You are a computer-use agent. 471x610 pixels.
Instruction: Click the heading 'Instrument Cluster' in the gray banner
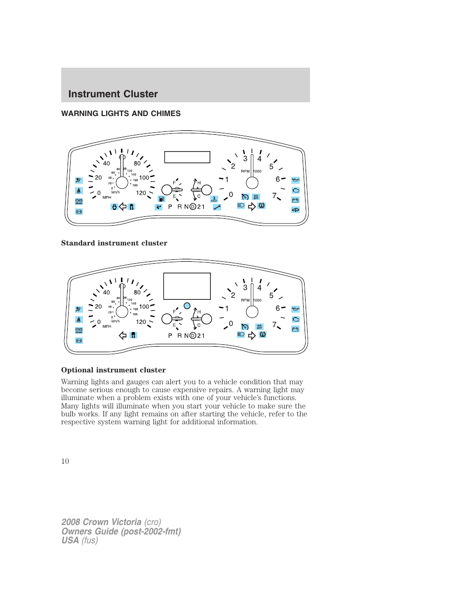113,94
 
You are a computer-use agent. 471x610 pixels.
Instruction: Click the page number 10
65,461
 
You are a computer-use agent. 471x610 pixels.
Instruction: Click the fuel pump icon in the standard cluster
161,199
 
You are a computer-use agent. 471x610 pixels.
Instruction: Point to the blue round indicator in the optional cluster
187,306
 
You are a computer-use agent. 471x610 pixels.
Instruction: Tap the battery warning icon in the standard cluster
295,200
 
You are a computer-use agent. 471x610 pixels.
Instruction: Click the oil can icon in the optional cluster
295,309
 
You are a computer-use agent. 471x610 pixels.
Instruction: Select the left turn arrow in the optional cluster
123,335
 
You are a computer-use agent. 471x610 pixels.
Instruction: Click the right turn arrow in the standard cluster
252,206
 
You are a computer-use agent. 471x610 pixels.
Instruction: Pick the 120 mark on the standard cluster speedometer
141,193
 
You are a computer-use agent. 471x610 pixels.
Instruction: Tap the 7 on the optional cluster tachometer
275,325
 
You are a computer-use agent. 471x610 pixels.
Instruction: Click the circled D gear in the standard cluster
193,207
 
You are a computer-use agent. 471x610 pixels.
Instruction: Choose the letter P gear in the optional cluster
170,336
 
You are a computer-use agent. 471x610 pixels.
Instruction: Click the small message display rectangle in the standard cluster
187,157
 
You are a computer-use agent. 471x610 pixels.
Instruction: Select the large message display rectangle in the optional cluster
187,286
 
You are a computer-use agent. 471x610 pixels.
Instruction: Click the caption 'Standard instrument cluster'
114,243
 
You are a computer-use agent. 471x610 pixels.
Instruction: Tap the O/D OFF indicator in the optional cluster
259,327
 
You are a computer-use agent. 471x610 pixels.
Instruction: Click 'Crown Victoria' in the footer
112,522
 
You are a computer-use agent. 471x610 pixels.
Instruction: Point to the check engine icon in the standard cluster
295,190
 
